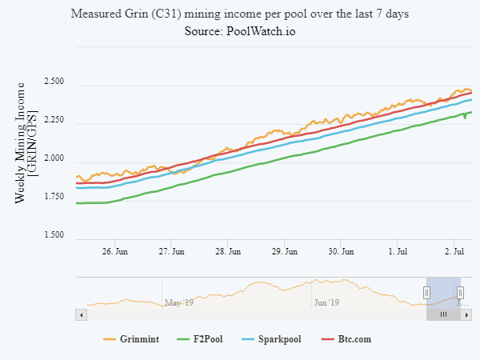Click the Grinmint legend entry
(x=132, y=340)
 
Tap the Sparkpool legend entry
(x=272, y=340)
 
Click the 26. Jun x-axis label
(x=116, y=251)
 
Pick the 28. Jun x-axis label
(x=229, y=251)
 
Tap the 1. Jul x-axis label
(x=400, y=251)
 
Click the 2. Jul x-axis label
(x=456, y=251)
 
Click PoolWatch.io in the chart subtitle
(x=255, y=30)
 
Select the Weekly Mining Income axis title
(x=26, y=141)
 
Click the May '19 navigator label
(x=179, y=302)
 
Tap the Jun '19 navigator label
(x=327, y=302)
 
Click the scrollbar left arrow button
(x=79, y=315)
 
